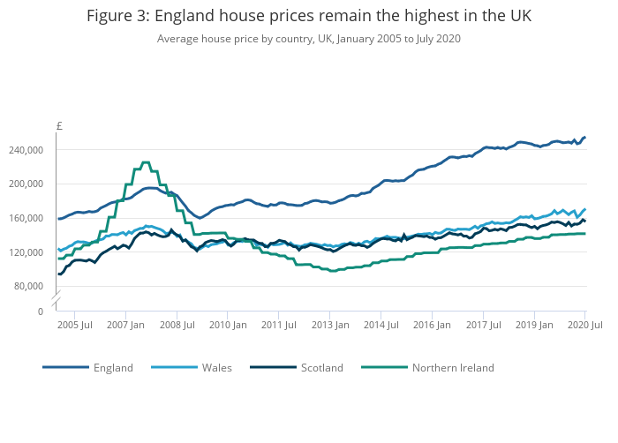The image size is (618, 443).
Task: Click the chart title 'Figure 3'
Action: (308, 17)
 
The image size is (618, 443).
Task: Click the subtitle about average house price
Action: (308, 39)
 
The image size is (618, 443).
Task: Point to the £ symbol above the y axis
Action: (59, 126)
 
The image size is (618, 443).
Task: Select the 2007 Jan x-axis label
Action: (125, 326)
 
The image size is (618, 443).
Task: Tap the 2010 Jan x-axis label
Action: (227, 326)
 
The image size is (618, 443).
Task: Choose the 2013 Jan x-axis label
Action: (329, 326)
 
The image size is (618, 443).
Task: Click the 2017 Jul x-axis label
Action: (483, 326)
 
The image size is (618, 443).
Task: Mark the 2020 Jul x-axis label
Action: (584, 326)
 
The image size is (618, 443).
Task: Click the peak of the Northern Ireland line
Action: (146, 162)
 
